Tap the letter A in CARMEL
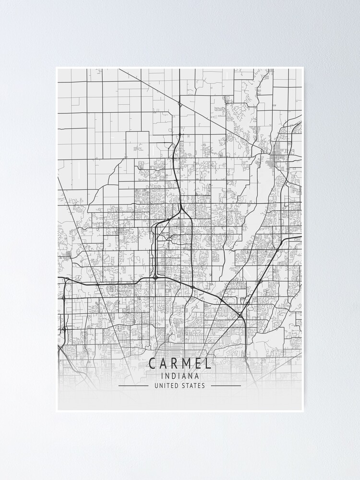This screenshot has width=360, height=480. (165, 364)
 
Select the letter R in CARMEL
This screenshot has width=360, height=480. (176, 364)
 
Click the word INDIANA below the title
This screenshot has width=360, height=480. (180, 376)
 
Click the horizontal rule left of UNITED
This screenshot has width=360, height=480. (133, 385)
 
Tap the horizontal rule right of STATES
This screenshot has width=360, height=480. (226, 385)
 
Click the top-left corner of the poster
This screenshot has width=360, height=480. (57, 68)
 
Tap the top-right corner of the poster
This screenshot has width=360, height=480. (303, 68)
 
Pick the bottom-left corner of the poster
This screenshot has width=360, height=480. (57, 411)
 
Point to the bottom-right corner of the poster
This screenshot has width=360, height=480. (303, 411)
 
